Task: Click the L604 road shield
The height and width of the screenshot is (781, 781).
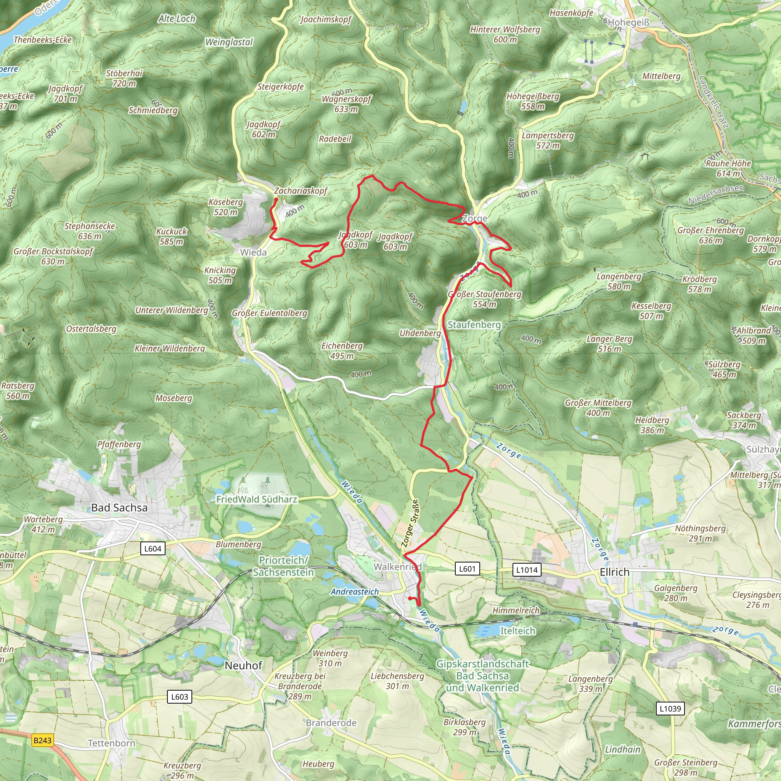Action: (x=153, y=548)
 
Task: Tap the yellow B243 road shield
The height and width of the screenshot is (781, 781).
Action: (x=42, y=740)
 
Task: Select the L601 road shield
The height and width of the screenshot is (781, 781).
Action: (x=467, y=569)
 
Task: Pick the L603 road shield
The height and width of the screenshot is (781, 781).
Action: (x=180, y=696)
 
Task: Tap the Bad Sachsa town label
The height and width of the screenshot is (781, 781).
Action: (x=119, y=508)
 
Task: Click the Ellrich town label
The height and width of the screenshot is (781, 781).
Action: (x=614, y=572)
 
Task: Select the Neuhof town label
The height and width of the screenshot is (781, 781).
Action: (x=243, y=665)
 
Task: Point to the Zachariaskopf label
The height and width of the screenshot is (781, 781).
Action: (x=301, y=191)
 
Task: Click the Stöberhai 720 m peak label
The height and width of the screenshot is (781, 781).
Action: (x=124, y=79)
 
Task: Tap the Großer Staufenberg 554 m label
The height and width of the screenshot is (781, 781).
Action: (x=485, y=299)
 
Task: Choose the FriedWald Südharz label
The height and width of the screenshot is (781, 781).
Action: (x=257, y=499)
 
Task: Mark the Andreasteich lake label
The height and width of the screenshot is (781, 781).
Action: (x=355, y=592)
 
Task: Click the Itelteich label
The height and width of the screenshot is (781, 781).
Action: (x=517, y=631)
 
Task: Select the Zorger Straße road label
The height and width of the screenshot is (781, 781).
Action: (x=410, y=524)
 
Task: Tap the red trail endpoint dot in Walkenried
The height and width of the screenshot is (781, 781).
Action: (x=410, y=598)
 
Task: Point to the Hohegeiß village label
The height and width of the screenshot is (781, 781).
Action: (x=628, y=22)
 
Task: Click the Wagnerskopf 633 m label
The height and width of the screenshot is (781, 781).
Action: (x=346, y=104)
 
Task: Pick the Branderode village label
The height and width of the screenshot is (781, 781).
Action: (x=331, y=722)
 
